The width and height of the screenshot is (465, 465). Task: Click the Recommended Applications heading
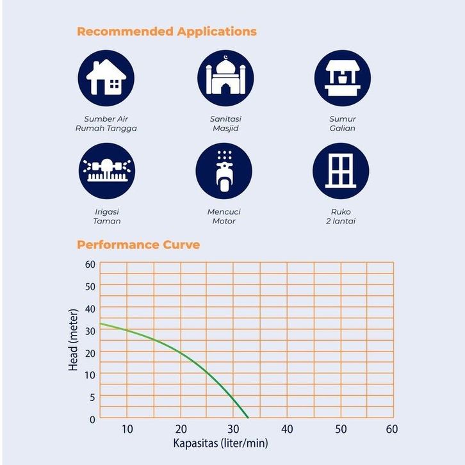[x=167, y=31]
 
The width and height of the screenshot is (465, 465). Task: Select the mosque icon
[x=225, y=77]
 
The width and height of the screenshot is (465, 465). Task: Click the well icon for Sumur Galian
[x=343, y=77]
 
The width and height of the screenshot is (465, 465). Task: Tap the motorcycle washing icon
[x=224, y=171]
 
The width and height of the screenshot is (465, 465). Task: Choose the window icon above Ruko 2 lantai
[x=341, y=171]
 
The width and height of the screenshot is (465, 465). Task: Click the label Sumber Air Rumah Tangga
[x=106, y=124]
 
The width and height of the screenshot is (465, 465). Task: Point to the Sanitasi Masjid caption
[x=225, y=124]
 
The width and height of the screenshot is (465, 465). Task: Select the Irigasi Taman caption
[x=106, y=216]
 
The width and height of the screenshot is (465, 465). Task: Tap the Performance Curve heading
[x=138, y=245]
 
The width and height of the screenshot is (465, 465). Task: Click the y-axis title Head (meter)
[x=74, y=341]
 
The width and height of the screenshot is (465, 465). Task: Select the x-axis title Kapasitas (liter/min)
[x=220, y=443]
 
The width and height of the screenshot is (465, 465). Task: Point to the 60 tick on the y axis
[x=89, y=264]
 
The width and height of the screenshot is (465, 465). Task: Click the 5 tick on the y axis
[x=92, y=397]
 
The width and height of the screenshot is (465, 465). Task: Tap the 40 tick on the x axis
[x=286, y=429]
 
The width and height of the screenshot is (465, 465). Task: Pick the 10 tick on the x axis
[x=127, y=429]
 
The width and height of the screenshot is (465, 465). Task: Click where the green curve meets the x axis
[x=248, y=418]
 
